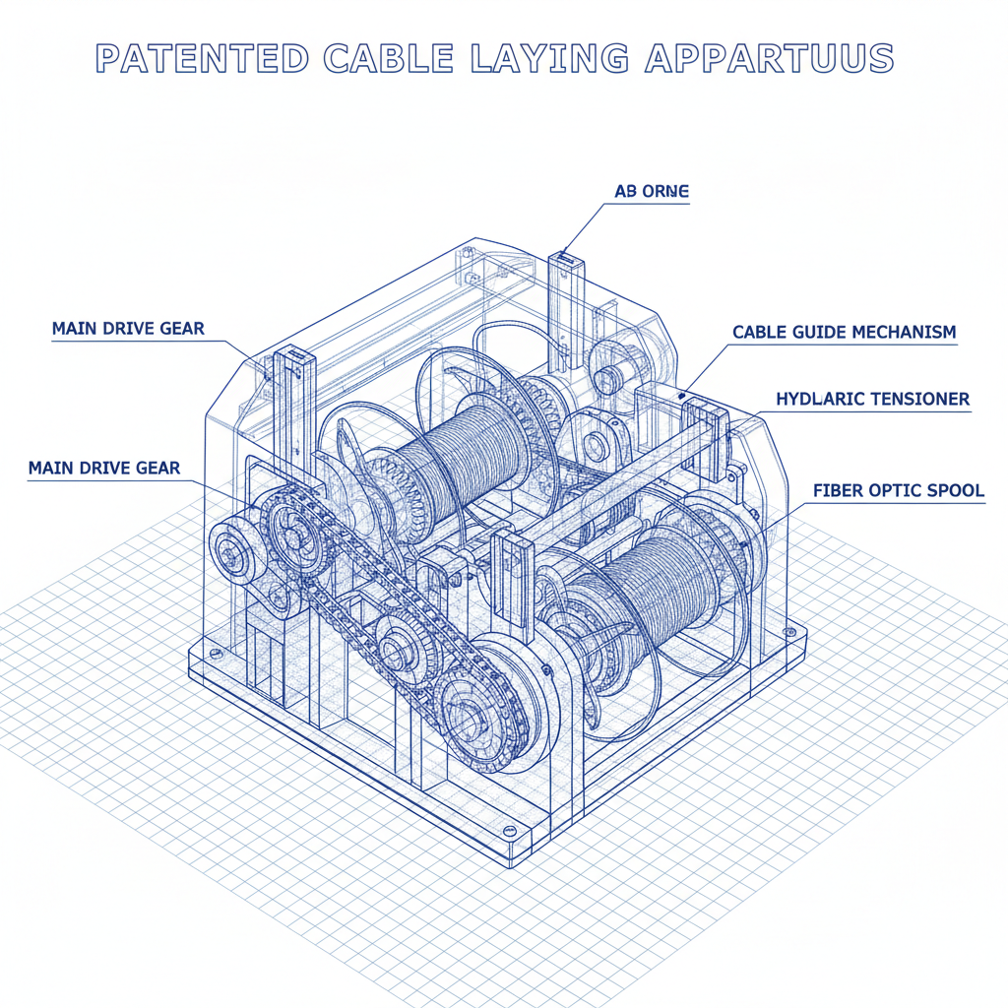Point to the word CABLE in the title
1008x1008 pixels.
(388, 58)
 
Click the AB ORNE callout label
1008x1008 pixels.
(652, 192)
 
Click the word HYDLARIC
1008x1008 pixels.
(825, 399)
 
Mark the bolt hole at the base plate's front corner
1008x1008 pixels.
(509, 833)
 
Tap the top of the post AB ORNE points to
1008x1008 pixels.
(566, 259)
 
